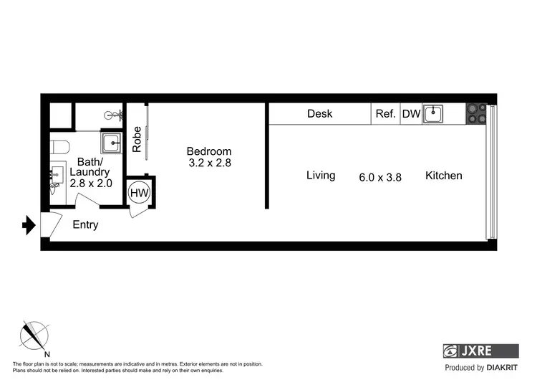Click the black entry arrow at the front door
tap(29, 227)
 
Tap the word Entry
tap(85, 225)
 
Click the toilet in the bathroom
tap(59, 148)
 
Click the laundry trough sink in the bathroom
tap(112, 143)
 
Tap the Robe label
tap(137, 139)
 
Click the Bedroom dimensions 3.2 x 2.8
tap(208, 163)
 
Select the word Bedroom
tap(208, 151)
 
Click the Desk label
tap(319, 114)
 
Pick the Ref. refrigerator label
tap(386, 114)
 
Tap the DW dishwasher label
tap(411, 114)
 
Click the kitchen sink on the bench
tap(433, 114)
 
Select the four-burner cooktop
tap(476, 114)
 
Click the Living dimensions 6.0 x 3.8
tap(380, 176)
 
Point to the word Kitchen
tap(443, 176)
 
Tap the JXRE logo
tap(480, 351)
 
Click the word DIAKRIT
tap(499, 368)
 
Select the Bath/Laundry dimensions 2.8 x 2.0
tap(89, 184)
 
